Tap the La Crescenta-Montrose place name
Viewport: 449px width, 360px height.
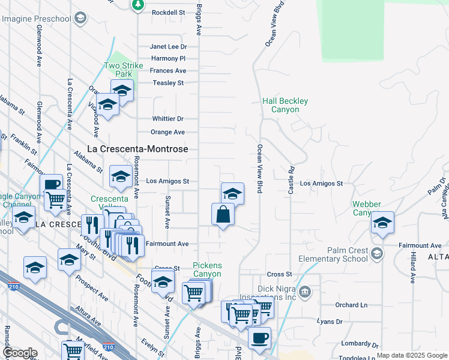click(138, 149)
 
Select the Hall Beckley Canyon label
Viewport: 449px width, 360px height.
click(285, 106)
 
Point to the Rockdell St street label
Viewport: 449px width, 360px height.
click(168, 12)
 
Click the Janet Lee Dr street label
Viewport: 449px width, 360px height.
click(168, 46)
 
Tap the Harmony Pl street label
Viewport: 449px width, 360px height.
click(168, 58)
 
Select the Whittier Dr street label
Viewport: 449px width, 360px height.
click(167, 119)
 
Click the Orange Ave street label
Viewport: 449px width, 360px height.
click(167, 132)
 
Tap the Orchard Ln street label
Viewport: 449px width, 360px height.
click(348, 305)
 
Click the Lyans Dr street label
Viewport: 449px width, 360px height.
click(330, 322)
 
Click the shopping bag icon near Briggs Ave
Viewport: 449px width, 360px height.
click(223, 214)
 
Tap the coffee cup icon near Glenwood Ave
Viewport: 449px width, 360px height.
click(51, 184)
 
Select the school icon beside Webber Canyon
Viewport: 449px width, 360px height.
click(382, 223)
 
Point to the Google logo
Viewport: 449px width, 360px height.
click(20, 353)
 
